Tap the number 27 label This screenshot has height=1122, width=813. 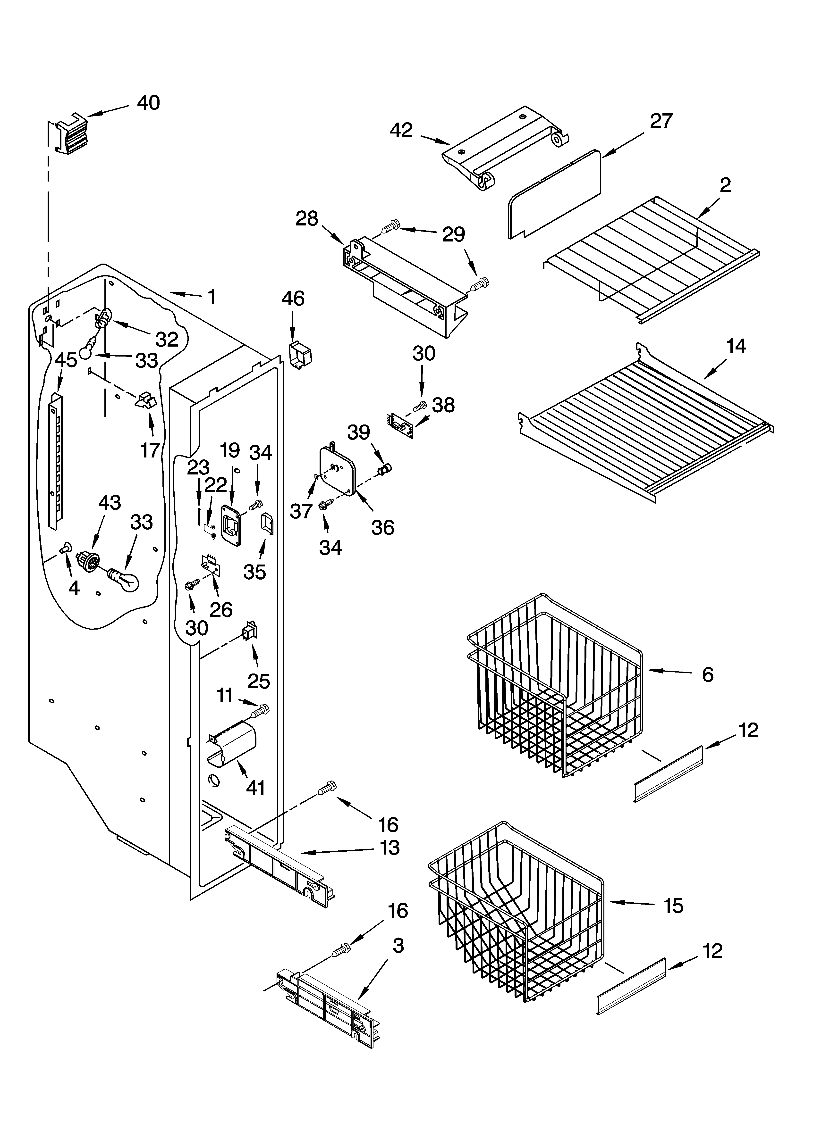coord(661,121)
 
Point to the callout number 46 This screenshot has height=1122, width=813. coord(293,299)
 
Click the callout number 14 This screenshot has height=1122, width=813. coord(736,346)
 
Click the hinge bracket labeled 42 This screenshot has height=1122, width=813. coord(505,149)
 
